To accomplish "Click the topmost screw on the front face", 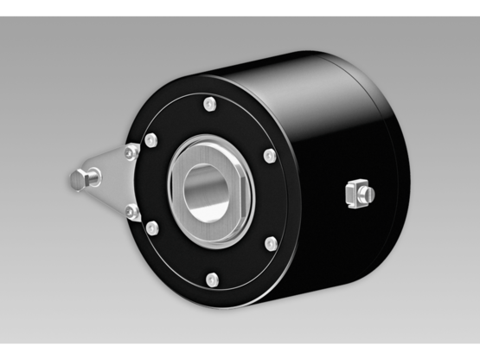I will click(208, 105).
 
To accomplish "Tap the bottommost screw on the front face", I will click(211, 279).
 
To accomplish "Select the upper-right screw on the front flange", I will click(270, 156).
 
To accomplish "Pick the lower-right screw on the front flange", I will click(272, 244).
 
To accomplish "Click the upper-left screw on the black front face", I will click(151, 139).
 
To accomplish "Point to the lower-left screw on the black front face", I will click(152, 228).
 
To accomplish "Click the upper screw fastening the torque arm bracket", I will click(131, 152).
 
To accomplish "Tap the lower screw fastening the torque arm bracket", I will click(131, 210).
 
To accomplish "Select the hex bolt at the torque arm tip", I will click(80, 179).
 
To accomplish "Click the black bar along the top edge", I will click(240, 7).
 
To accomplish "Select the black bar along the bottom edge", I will click(240, 352).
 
